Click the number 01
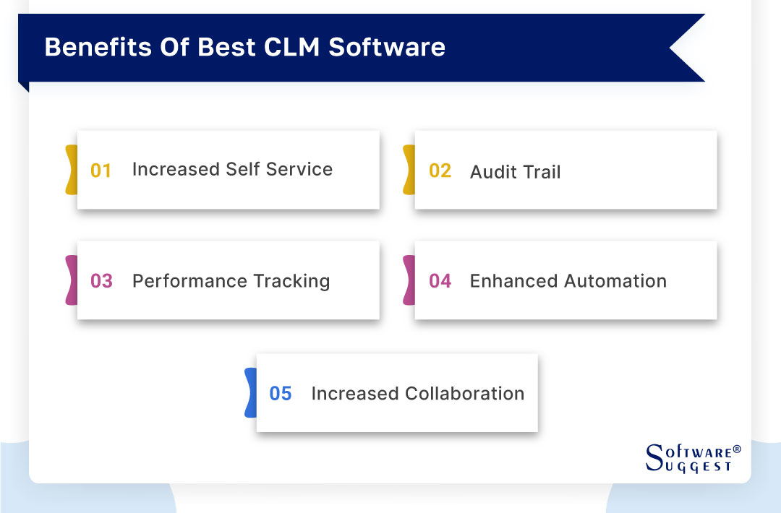(101, 171)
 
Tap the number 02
(440, 171)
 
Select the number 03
(101, 281)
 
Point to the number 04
(440, 281)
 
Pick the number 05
(281, 394)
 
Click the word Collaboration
(465, 394)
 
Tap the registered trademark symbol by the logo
(737, 449)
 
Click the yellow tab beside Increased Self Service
(71, 170)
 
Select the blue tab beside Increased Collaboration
(250, 392)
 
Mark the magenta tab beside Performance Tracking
(71, 280)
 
